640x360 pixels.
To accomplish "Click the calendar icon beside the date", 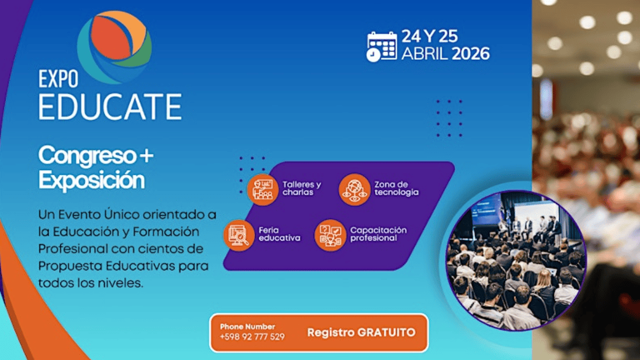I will point(382,46).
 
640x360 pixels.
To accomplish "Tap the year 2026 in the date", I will point(470,54).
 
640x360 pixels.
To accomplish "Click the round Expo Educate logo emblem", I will point(115,47).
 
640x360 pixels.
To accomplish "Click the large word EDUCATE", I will point(110,107).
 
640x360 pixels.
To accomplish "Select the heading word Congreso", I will point(84,155).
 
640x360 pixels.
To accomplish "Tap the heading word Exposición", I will point(92,179).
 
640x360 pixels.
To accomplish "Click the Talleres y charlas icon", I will point(262,188).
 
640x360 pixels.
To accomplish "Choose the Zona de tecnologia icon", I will point(354,188).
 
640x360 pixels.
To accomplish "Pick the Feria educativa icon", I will point(239,234).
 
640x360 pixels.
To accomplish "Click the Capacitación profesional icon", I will point(330,234).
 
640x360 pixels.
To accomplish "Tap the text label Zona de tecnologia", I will point(397,188).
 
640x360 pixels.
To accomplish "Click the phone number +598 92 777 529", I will point(252,337).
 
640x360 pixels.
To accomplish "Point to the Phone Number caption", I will point(247,325).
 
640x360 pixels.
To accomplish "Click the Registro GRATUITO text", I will point(361,332).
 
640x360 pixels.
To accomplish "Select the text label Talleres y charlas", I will point(301,188).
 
